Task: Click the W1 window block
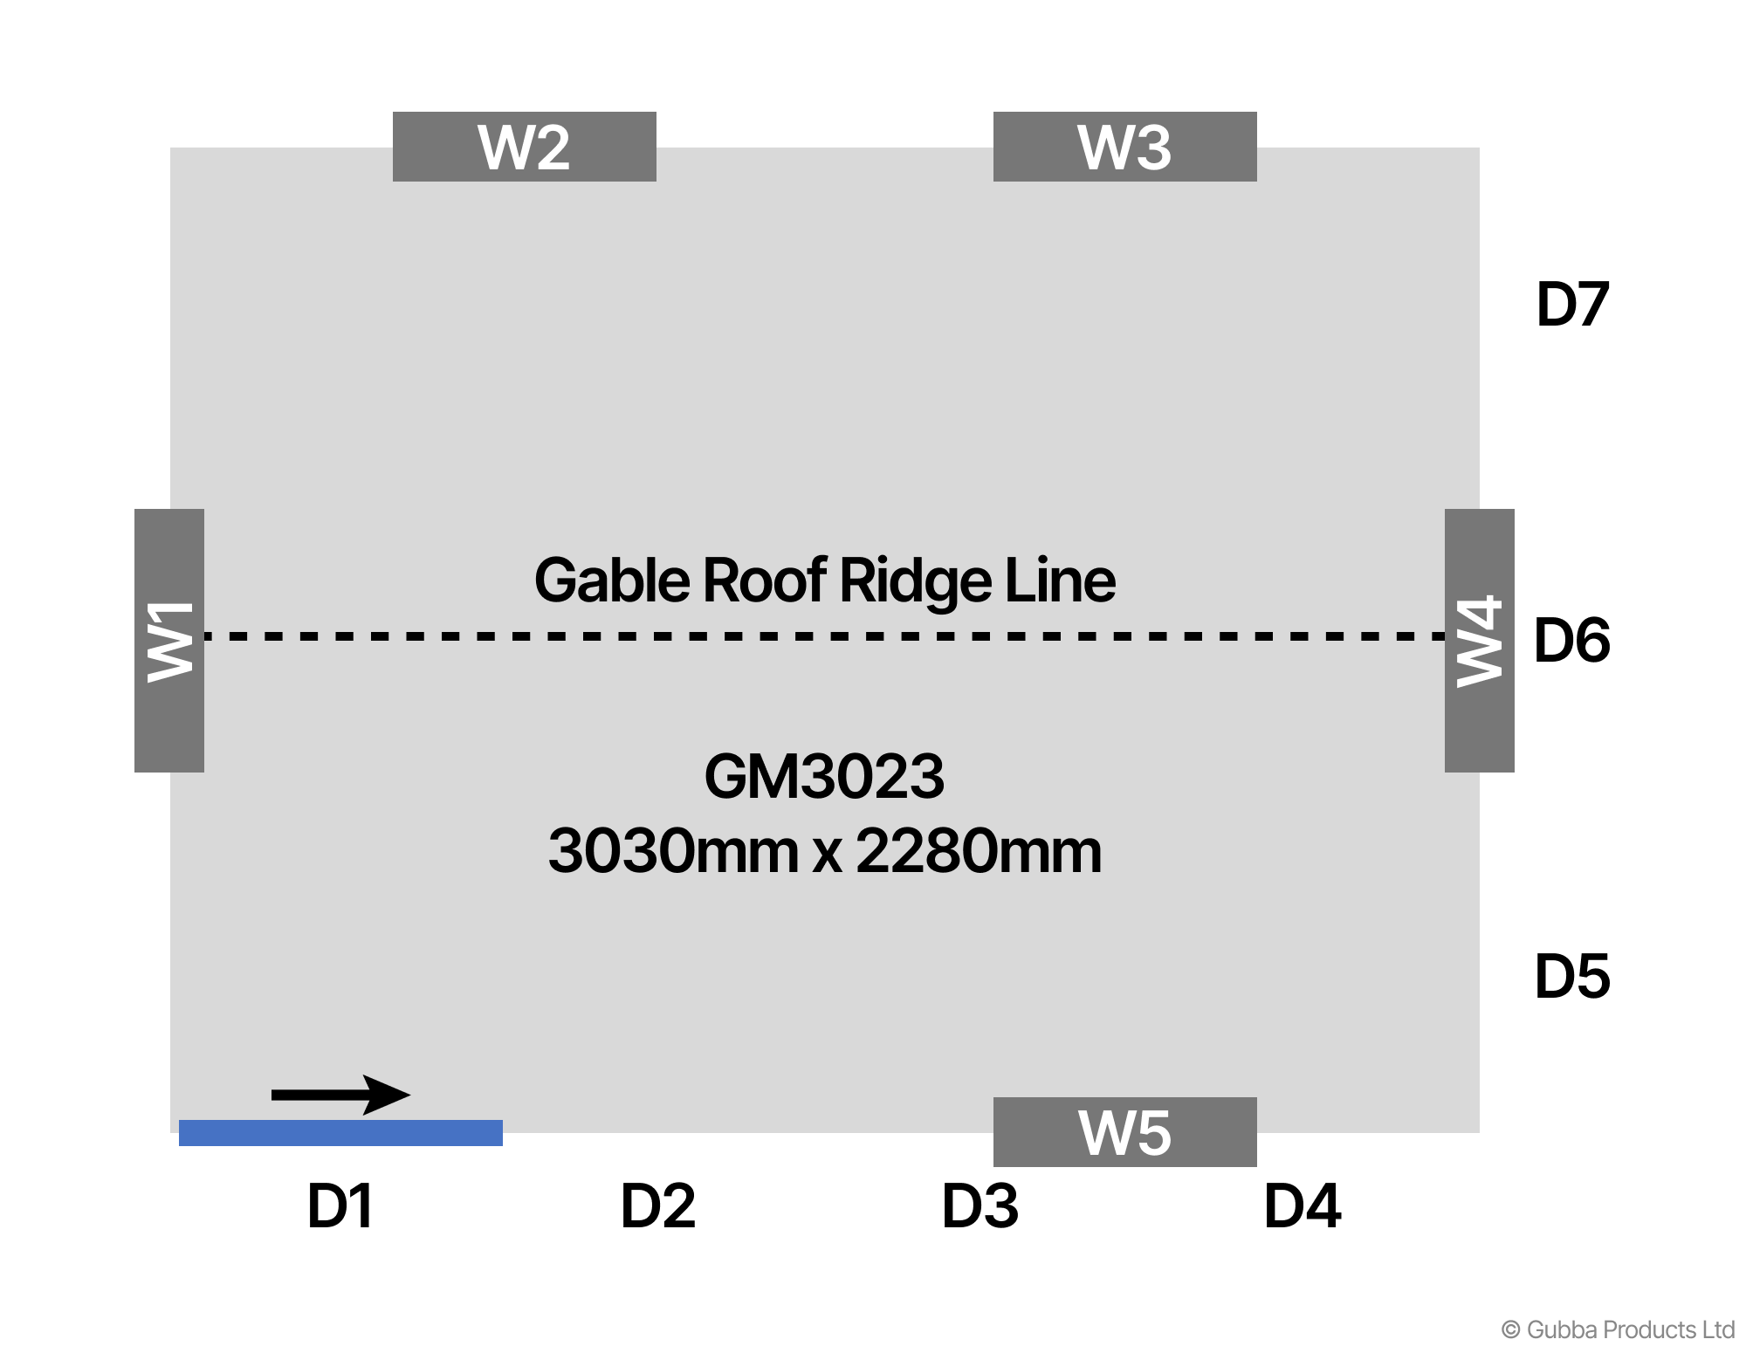point(169,640)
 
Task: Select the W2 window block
point(524,147)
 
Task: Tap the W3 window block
point(1124,147)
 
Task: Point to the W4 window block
point(1479,640)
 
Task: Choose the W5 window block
point(1124,1132)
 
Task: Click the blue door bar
point(340,1132)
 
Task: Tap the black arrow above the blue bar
point(340,1095)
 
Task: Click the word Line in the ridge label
point(1060,580)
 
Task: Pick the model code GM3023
point(824,776)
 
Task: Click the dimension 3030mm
point(672,851)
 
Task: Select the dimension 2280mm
point(979,851)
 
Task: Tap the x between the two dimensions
point(827,855)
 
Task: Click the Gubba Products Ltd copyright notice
point(1618,1329)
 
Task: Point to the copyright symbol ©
point(1510,1330)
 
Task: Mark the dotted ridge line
point(824,635)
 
